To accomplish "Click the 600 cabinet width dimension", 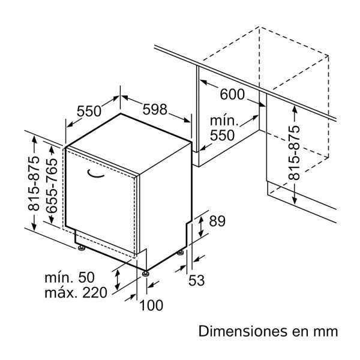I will point(232,94).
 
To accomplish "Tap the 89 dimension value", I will point(216,221).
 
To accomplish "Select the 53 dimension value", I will point(197,280).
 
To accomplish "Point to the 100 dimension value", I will point(151,305).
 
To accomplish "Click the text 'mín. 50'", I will point(70,277).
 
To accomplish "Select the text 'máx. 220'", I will point(75,293).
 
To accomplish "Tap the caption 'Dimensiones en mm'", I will point(268,331).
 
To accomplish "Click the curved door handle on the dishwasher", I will point(95,173).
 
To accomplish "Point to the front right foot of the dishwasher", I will point(146,274).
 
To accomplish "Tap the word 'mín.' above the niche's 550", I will point(223,121).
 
